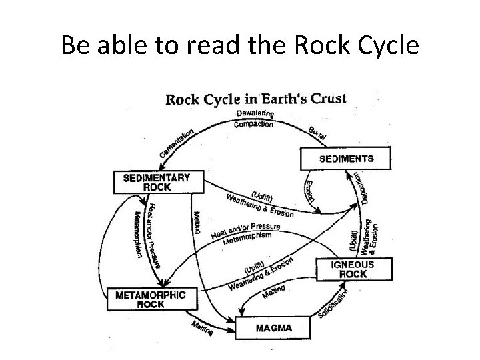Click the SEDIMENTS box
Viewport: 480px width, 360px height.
pos(346,159)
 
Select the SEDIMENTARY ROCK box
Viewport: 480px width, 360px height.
pos(157,183)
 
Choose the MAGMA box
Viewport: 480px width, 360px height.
pos(274,327)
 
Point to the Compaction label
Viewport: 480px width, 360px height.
pos(254,125)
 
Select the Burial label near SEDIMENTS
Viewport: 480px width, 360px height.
pos(317,133)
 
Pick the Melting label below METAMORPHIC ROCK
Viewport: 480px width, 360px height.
pos(202,326)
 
